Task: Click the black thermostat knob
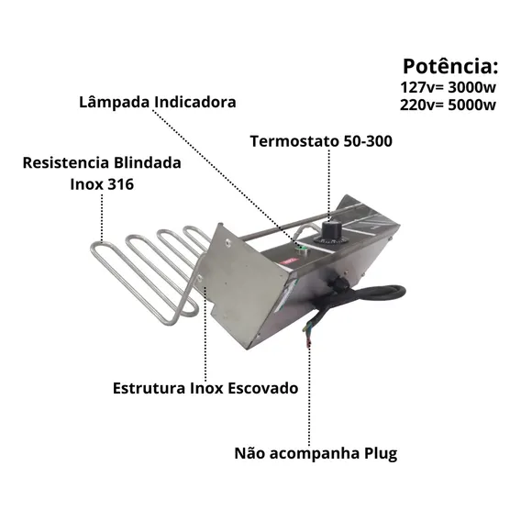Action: click(x=330, y=230)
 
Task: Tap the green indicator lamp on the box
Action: click(x=303, y=249)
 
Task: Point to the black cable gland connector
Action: click(x=337, y=284)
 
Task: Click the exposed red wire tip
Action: click(x=308, y=344)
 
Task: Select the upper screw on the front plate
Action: click(x=227, y=242)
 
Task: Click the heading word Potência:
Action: click(x=450, y=66)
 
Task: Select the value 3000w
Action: click(x=471, y=87)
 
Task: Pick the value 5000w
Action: click(x=471, y=105)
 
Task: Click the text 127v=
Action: click(x=422, y=87)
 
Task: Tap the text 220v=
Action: click(x=422, y=105)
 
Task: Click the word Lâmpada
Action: click(x=115, y=103)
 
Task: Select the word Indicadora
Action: click(x=195, y=102)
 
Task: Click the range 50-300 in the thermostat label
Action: click(x=368, y=141)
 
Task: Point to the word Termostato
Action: click(x=294, y=141)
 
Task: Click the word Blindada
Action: click(x=147, y=163)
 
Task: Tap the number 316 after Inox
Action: click(x=120, y=184)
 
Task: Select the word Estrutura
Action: click(x=150, y=388)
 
